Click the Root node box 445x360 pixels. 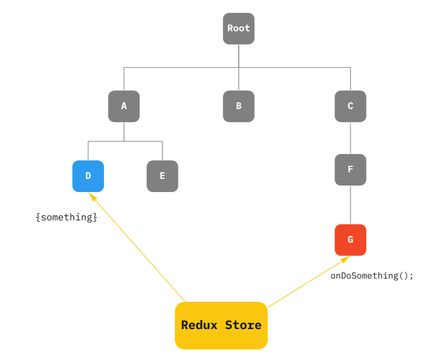238,29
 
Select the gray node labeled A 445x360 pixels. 124,106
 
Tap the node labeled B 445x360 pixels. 238,106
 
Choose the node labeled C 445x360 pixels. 350,106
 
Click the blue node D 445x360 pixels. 88,176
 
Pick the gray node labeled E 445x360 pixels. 162,176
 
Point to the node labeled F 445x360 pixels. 350,169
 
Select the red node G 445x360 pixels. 350,240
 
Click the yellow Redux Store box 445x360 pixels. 221,325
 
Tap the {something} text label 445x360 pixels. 67,217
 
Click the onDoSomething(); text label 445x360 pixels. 372,276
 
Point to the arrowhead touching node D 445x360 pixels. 92,196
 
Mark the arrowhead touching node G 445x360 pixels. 345,259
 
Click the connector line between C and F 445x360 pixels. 350,138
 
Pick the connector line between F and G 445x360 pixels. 350,205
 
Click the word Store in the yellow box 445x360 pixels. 243,325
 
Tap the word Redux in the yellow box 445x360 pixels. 199,325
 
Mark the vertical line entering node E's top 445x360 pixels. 162,151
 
